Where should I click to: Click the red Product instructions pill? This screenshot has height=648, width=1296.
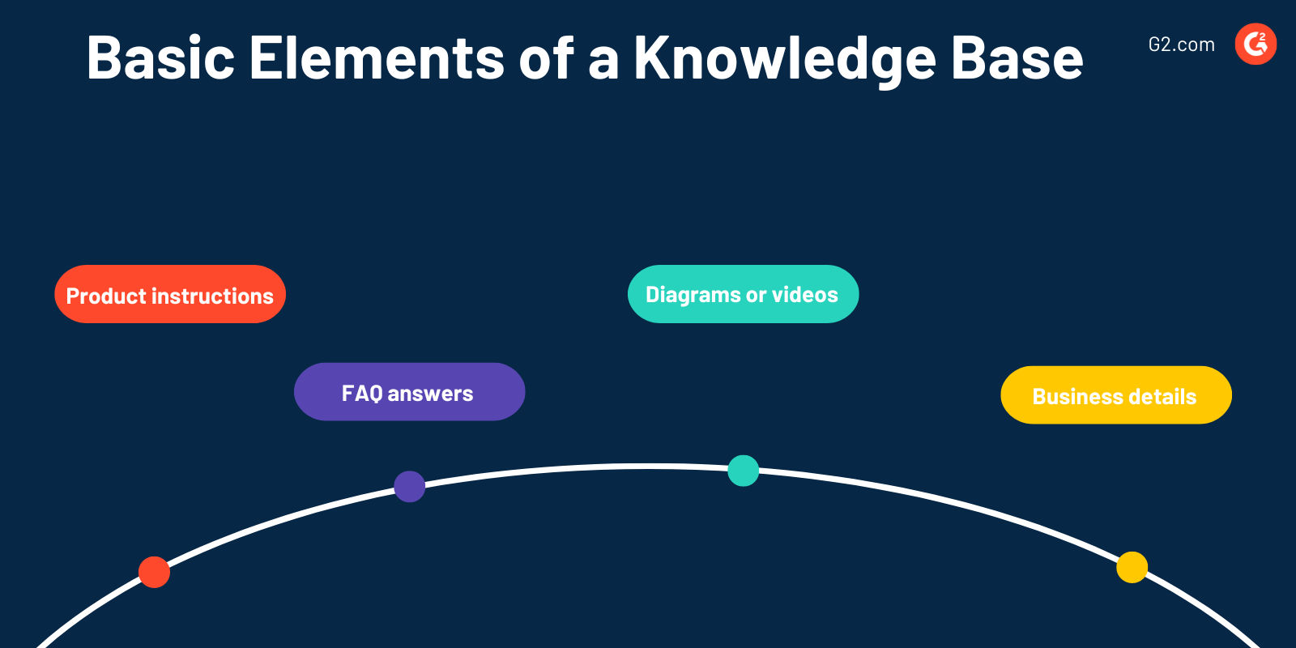click(x=170, y=294)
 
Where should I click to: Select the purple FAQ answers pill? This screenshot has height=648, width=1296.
click(x=409, y=392)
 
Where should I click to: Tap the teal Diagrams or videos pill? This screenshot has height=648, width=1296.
click(x=743, y=294)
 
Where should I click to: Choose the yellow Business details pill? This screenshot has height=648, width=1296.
click(x=1115, y=395)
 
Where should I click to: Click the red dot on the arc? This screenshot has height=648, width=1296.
click(x=154, y=572)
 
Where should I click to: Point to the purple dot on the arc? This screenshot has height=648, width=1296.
click(x=409, y=486)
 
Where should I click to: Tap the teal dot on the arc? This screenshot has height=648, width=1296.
click(x=743, y=471)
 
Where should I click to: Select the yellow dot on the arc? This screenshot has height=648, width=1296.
click(x=1132, y=567)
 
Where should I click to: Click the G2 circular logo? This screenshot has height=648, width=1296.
click(x=1255, y=44)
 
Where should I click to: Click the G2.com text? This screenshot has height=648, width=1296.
click(x=1181, y=45)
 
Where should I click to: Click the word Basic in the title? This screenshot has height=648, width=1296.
click(x=160, y=58)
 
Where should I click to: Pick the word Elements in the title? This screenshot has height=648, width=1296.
click(x=377, y=58)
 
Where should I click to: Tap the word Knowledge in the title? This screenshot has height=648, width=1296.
click(x=784, y=58)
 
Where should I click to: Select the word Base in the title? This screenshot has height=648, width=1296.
click(x=1017, y=58)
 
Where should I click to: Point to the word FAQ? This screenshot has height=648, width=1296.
click(x=361, y=394)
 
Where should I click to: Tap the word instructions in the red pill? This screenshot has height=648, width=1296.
click(x=213, y=296)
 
